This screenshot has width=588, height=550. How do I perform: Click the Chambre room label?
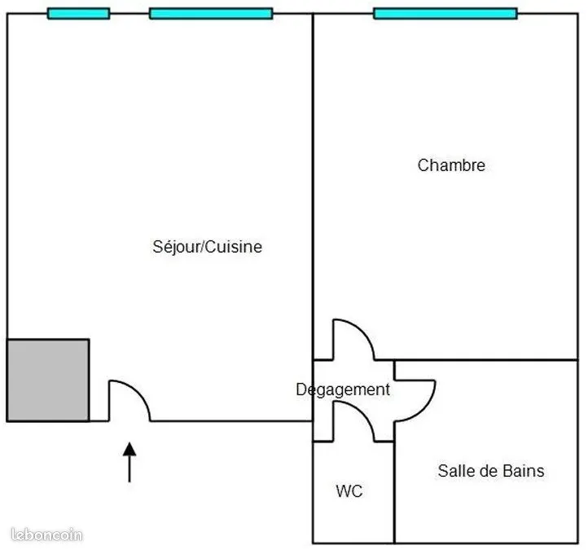click(451, 165)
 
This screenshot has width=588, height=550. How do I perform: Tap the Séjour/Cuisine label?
click(207, 247)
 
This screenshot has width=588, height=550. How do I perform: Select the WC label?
click(349, 491)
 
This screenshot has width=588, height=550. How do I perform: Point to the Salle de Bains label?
click(491, 471)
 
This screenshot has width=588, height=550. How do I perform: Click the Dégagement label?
click(343, 389)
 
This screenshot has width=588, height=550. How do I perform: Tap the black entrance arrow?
click(129, 462)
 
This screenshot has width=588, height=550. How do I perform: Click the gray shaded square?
click(48, 380)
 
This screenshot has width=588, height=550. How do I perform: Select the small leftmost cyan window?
click(78, 14)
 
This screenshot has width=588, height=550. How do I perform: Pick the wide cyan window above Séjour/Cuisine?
click(211, 14)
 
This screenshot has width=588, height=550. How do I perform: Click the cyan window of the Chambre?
click(445, 14)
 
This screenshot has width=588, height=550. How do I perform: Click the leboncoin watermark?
click(46, 535)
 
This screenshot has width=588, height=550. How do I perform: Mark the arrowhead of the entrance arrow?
click(129, 449)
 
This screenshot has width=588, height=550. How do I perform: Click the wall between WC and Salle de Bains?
click(394, 492)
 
